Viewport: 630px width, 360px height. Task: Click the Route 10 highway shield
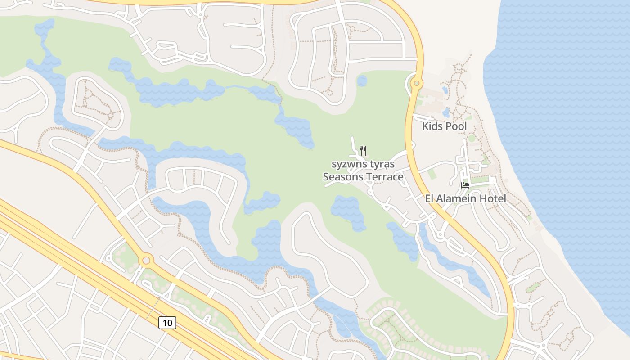point(167,322)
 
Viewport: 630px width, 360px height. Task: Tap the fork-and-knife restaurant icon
point(363,150)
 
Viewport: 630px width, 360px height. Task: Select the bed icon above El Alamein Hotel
point(465,185)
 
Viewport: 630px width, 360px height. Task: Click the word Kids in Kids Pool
point(432,126)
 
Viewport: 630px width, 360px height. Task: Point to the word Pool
point(455,126)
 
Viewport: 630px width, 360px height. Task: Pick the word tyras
point(383,164)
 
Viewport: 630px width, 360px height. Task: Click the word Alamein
point(459,198)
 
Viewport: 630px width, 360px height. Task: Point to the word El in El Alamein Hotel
point(430,198)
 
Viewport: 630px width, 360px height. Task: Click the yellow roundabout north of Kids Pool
point(417,83)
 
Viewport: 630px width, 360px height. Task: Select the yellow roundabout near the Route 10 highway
point(146,260)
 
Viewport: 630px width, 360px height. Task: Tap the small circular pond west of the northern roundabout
point(362,81)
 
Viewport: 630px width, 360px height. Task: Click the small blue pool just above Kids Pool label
point(446,112)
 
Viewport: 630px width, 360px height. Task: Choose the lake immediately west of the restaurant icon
point(295,129)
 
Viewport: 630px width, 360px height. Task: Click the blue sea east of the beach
point(562,135)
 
